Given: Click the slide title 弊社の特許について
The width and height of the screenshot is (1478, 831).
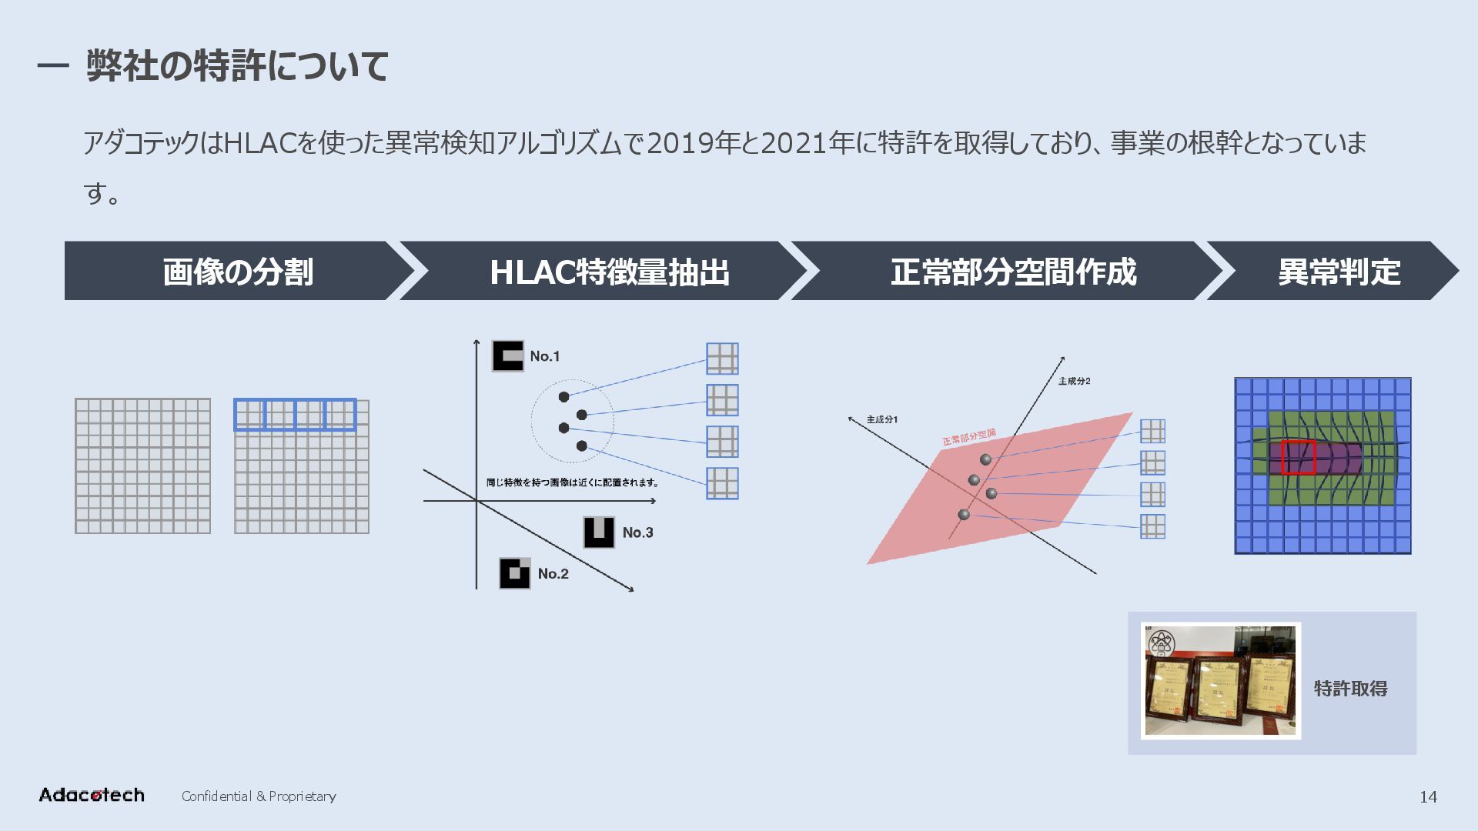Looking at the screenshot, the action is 237,65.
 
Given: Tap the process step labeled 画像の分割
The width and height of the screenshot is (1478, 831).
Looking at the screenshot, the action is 238,272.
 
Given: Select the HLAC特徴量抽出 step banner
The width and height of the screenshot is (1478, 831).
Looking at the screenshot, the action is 609,272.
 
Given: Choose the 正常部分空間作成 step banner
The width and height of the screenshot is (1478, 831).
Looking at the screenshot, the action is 1013,272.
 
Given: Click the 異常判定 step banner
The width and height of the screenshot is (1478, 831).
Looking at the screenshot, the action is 1339,272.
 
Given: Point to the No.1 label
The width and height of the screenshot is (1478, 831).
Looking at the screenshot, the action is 544,356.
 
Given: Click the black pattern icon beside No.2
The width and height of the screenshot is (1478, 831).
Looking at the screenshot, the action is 515,573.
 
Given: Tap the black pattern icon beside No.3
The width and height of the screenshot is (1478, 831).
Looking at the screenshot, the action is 599,532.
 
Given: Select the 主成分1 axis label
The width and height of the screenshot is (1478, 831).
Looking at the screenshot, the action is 881,419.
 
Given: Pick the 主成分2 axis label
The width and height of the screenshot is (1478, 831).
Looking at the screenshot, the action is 1074,381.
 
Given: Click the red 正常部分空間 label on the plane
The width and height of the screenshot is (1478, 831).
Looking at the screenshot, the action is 969,437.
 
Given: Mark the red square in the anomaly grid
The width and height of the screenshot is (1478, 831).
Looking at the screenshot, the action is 1298,457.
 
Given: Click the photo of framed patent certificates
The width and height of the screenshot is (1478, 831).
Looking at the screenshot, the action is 1221,681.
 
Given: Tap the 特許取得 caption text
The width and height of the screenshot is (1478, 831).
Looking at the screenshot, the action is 1350,689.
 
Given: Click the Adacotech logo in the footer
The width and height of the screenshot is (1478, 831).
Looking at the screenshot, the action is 92,795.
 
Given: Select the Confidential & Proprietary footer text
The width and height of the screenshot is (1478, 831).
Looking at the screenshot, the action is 259,796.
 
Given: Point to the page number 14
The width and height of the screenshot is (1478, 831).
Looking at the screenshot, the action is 1428,797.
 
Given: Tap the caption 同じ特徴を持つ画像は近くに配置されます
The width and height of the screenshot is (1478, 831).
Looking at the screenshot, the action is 573,482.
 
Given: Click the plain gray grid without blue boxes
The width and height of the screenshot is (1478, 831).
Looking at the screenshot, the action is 142,466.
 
